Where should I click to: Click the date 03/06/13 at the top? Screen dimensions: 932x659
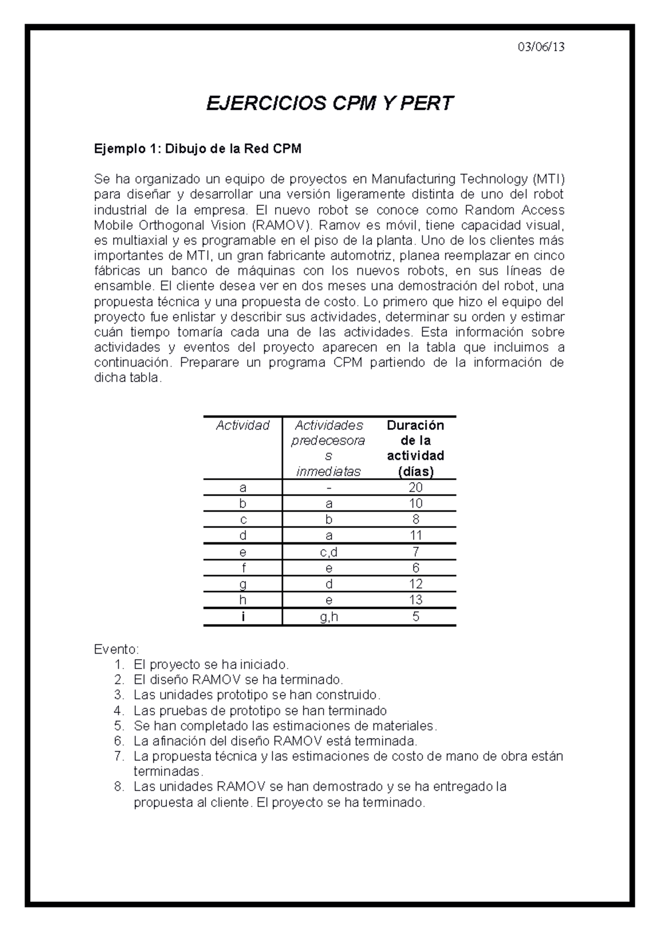point(541,47)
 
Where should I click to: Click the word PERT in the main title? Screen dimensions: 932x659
point(426,103)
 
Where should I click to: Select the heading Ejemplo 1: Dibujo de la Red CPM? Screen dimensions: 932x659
point(198,149)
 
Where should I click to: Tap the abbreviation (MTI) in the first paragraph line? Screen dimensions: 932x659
point(548,179)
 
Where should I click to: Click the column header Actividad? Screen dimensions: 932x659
point(243,425)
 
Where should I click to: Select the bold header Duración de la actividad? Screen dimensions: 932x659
point(415,448)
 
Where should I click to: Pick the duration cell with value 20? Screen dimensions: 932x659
point(415,487)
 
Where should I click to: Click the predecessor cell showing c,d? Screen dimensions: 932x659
point(328,552)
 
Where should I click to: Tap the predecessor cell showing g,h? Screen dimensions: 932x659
point(328,616)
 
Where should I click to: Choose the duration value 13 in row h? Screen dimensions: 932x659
point(415,600)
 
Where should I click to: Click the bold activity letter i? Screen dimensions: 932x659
point(243,616)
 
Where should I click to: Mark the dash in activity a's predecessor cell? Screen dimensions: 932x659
point(328,487)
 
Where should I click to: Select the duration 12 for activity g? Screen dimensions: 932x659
point(415,584)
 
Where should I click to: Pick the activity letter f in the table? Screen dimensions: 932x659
point(243,568)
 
